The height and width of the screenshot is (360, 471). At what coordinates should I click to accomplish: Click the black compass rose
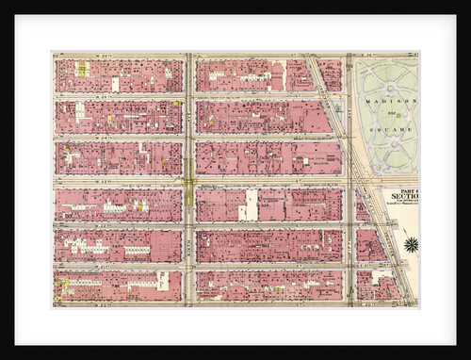411,245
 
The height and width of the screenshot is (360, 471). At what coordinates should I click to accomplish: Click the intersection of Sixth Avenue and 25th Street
189,95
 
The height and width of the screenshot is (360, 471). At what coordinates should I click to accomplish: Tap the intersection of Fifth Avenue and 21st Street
349,267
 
